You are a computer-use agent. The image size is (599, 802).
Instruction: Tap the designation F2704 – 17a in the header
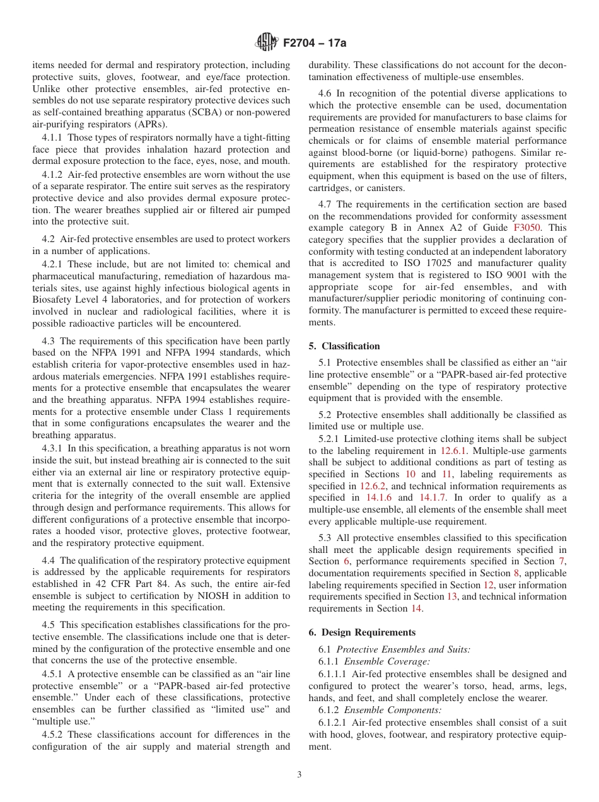(x=314, y=43)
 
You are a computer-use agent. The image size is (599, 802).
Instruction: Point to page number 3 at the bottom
(x=299, y=774)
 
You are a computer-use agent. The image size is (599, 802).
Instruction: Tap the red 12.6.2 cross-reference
(x=373, y=486)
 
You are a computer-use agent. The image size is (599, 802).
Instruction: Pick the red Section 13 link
(x=452, y=596)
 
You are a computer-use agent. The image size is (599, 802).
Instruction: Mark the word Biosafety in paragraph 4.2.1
(x=54, y=300)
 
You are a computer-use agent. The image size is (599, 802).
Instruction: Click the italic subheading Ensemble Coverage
(x=387, y=662)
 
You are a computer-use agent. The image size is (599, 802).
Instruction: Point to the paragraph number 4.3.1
(x=54, y=448)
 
